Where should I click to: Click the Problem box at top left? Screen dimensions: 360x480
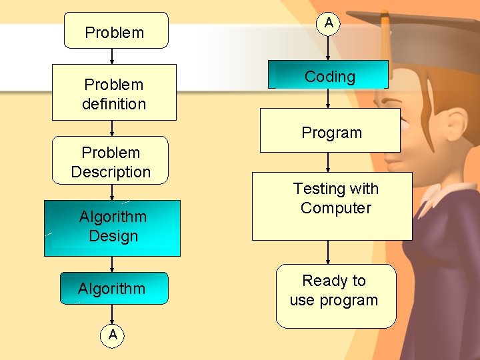pyautogui.click(x=116, y=31)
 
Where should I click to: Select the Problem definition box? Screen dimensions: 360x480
pyautogui.click(x=114, y=93)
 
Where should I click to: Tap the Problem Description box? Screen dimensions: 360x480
pyautogui.click(x=111, y=161)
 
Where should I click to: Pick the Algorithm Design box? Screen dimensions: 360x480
pyautogui.click(x=112, y=227)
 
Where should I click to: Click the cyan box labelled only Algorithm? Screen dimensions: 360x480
pyautogui.click(x=113, y=288)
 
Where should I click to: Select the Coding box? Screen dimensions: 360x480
pyautogui.click(x=329, y=75)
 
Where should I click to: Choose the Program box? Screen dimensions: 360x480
pyautogui.click(x=330, y=131)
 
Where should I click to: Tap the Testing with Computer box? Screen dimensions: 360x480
pyautogui.click(x=332, y=206)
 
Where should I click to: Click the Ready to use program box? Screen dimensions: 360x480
pyautogui.click(x=336, y=296)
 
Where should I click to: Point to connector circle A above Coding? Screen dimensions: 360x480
pyautogui.click(x=329, y=23)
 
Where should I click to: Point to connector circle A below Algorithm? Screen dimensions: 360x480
pyautogui.click(x=113, y=335)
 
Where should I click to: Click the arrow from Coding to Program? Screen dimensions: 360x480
pyautogui.click(x=329, y=99)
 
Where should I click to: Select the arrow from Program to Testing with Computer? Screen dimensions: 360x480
pyautogui.click(x=329, y=162)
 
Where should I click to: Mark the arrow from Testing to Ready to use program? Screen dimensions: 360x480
pyautogui.click(x=329, y=252)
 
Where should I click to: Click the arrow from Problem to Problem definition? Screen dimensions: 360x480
pyautogui.click(x=112, y=56)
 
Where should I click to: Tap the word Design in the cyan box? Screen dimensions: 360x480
pyautogui.click(x=113, y=236)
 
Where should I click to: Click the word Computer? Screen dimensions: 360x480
pyautogui.click(x=335, y=208)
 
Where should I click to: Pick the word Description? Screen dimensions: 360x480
pyautogui.click(x=111, y=172)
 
